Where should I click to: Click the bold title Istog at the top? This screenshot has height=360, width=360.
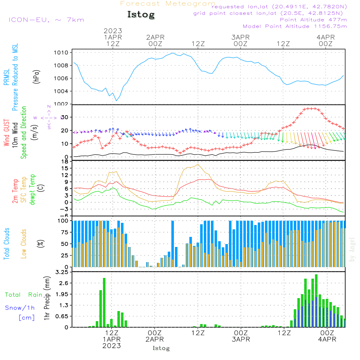click(x=141, y=15)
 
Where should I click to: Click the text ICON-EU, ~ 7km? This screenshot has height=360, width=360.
click(x=46, y=20)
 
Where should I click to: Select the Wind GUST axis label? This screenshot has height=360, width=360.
click(x=6, y=133)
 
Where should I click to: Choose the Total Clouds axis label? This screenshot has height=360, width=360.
click(x=6, y=244)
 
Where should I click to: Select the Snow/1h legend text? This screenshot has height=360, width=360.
click(x=20, y=308)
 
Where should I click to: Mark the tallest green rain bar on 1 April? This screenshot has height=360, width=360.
click(x=104, y=302)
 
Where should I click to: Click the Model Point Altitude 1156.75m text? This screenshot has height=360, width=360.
click(x=295, y=26)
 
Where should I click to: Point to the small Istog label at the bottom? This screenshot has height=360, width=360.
click(x=161, y=348)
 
